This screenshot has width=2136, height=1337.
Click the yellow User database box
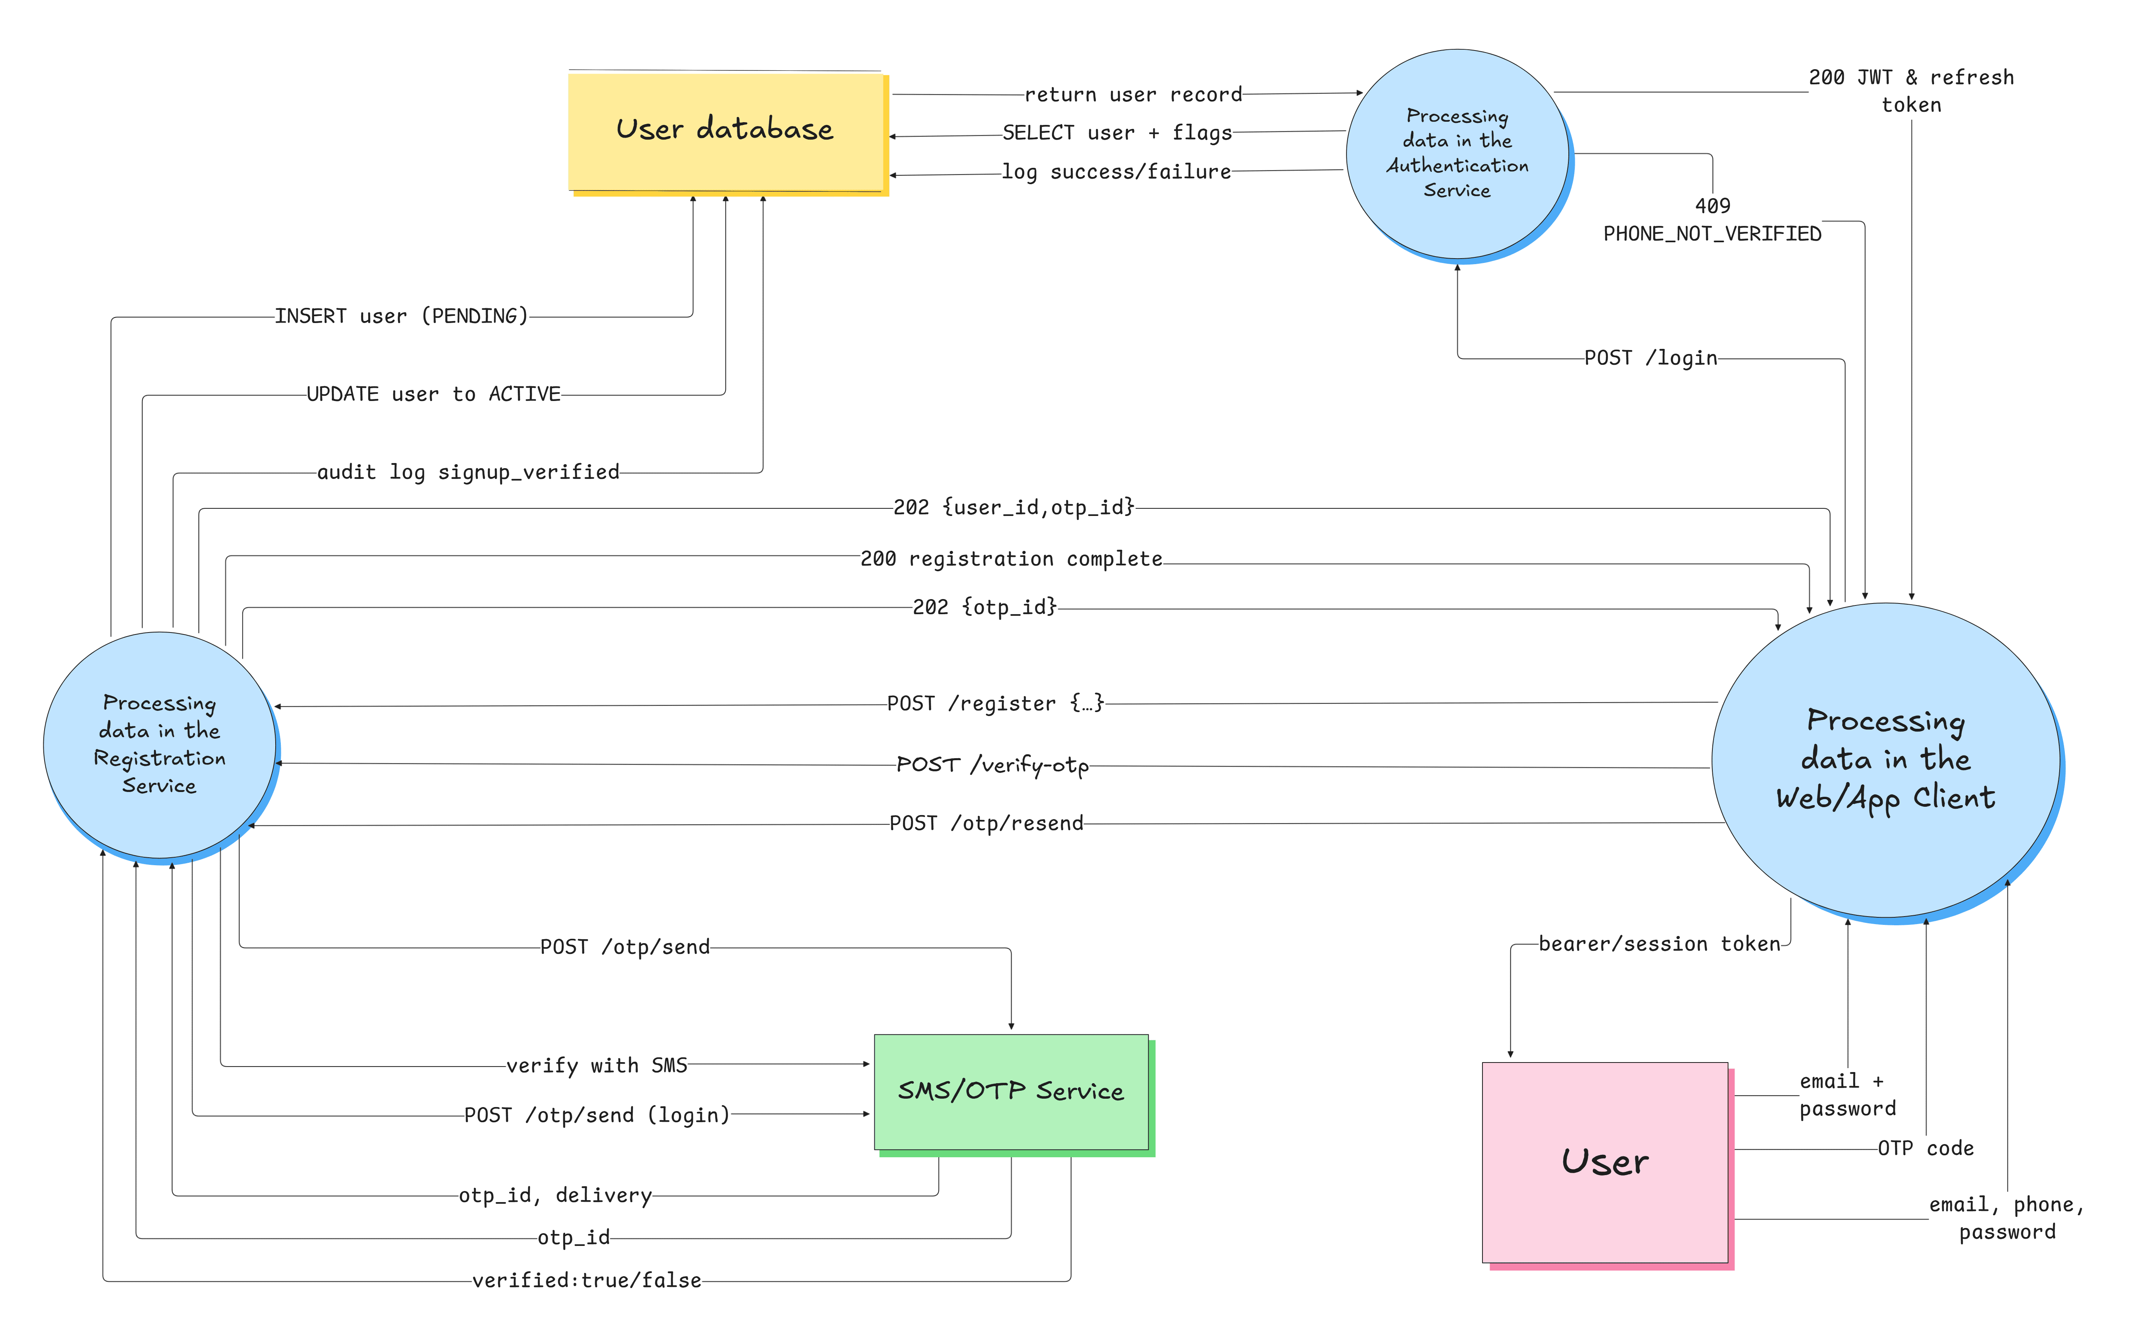click(725, 131)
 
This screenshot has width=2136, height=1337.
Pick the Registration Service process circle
click(159, 745)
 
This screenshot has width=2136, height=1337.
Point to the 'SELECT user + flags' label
click(1117, 132)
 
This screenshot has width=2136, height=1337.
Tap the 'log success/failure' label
click(1116, 171)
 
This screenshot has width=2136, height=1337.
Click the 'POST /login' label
click(1650, 358)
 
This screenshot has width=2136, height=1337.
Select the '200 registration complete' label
click(1011, 559)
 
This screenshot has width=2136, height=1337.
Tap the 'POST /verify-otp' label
click(992, 765)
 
